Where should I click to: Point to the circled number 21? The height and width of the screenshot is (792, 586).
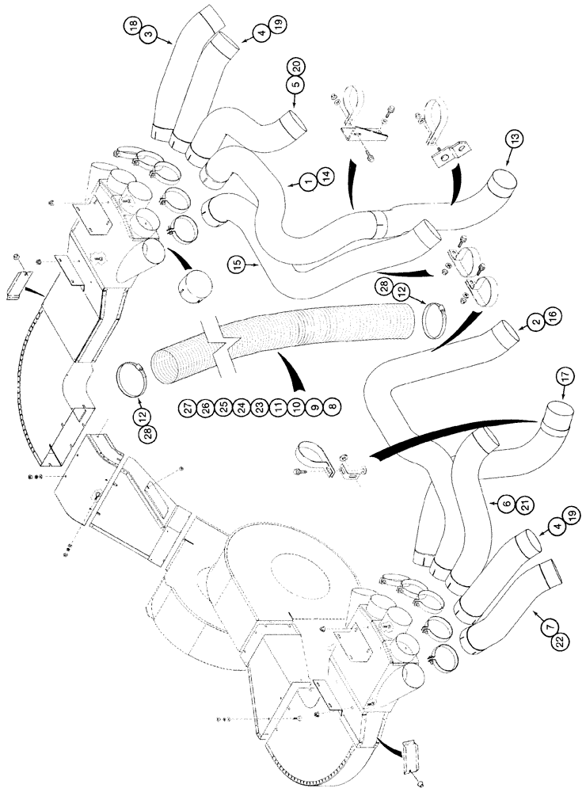click(x=504, y=517)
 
